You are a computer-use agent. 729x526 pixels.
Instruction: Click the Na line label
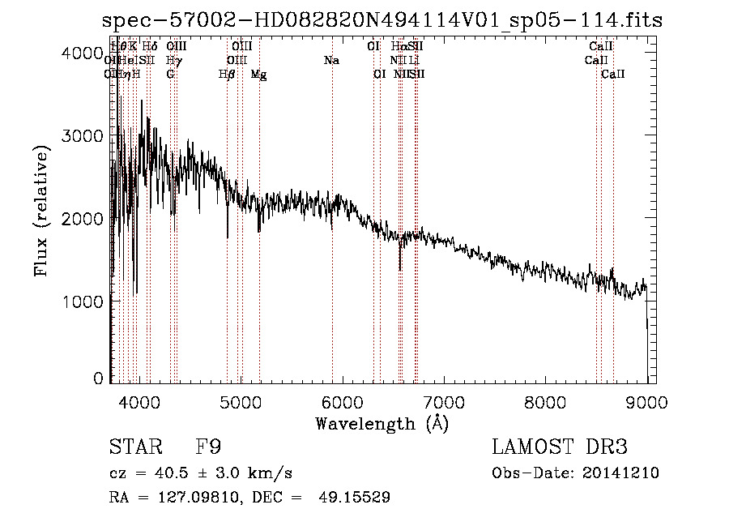pyautogui.click(x=330, y=60)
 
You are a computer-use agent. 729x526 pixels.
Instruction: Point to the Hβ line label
pyautogui.click(x=227, y=74)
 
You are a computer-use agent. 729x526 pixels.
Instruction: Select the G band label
pyautogui.click(x=170, y=74)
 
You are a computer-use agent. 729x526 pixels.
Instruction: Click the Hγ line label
pyautogui.click(x=173, y=60)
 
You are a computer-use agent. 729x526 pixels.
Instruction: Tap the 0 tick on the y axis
pyautogui.click(x=98, y=378)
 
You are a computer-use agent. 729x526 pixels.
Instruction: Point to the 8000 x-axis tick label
pyautogui.click(x=545, y=401)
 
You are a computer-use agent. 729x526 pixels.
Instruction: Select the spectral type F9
pyautogui.click(x=209, y=447)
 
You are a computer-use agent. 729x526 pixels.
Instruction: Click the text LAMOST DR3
pyautogui.click(x=560, y=447)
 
